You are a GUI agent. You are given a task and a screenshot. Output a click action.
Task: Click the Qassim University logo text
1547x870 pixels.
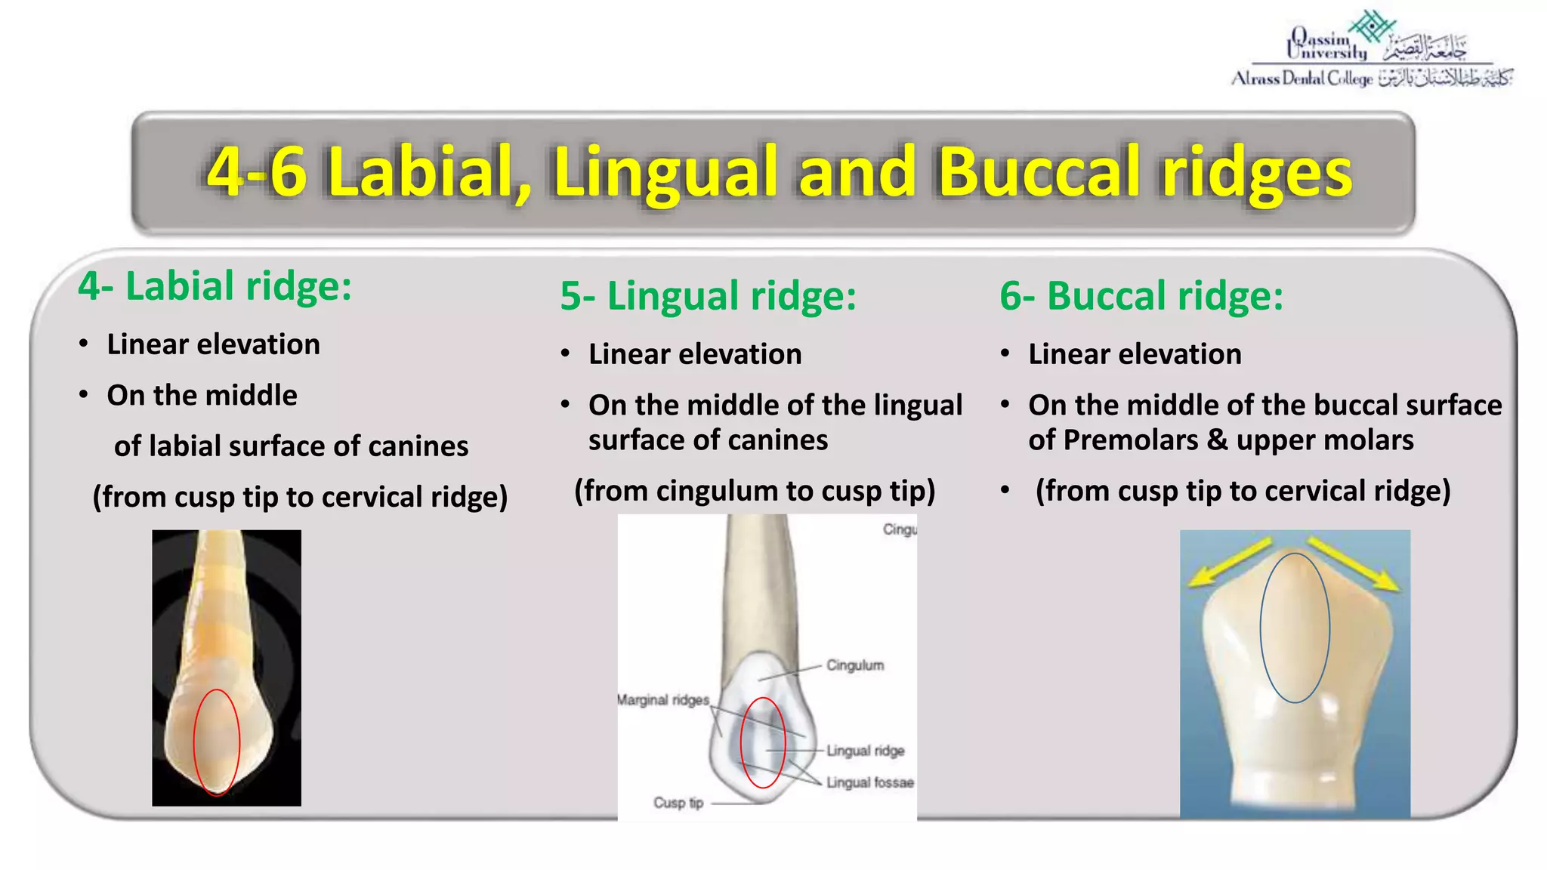[1328, 45]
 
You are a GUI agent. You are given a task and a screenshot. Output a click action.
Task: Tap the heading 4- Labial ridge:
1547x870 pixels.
[215, 286]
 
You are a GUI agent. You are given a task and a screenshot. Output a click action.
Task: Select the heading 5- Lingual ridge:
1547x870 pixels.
[708, 295]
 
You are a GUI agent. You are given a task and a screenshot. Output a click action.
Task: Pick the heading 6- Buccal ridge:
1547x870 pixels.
[1141, 295]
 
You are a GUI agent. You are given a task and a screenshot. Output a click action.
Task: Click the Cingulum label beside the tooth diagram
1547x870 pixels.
[854, 665]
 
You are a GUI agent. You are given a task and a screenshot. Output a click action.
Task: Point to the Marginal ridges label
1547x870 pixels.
[663, 700]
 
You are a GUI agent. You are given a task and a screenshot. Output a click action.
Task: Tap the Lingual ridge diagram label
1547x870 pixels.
[865, 751]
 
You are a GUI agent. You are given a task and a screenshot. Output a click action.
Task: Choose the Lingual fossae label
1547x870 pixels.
[869, 782]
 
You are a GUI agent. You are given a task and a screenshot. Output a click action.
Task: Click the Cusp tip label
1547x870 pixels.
[678, 803]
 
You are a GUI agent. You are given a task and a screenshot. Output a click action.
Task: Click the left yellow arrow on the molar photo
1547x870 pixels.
[1228, 563]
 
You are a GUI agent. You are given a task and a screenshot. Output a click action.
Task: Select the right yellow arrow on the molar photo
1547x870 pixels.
[1354, 563]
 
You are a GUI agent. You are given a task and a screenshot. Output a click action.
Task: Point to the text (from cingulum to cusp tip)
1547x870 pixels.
[755, 491]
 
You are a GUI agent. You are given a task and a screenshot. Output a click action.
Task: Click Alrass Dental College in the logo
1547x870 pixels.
[1302, 79]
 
